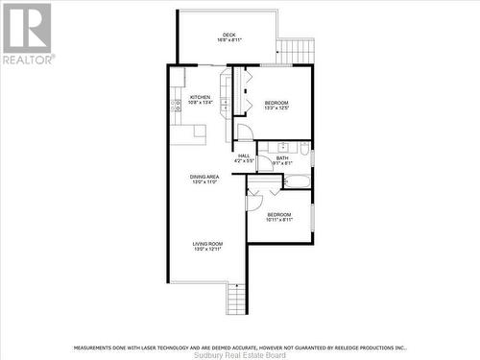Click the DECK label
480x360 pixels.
(229, 36)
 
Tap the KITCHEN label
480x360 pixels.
(200, 97)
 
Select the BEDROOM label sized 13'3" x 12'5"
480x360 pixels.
(276, 103)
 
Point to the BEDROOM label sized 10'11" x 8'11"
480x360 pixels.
(279, 214)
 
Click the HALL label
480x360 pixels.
(244, 156)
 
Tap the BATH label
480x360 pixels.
(282, 158)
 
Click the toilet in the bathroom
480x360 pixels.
(303, 150)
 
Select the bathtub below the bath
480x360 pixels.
(296, 180)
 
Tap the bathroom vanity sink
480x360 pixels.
(284, 146)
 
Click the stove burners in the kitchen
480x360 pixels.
(177, 103)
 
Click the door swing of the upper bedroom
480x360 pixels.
(245, 132)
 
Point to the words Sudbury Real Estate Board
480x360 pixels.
(240, 354)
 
